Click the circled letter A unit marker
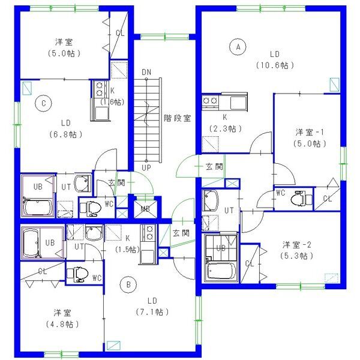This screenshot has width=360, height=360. click(238, 47)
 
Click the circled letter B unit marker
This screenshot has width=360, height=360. click(128, 284)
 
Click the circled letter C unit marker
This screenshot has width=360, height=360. click(44, 103)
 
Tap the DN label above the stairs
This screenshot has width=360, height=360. click(146, 72)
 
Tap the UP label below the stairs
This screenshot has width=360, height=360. click(146, 168)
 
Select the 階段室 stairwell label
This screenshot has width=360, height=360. click(177, 118)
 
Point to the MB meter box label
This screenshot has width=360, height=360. click(145, 209)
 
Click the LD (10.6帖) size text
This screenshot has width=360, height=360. click(275, 65)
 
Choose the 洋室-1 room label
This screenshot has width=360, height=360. click(310, 132)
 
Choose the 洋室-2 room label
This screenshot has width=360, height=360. click(296, 245)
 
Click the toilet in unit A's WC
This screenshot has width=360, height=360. click(301, 197)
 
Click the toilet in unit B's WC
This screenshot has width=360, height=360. click(77, 274)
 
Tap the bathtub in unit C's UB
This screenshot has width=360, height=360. click(38, 207)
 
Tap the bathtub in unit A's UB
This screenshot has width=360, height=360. click(221, 271)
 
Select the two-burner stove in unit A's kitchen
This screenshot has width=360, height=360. click(211, 101)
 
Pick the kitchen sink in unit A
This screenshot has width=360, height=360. click(238, 103)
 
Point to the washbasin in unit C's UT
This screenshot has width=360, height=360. click(82, 184)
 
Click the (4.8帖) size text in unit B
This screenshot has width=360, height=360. click(62, 324)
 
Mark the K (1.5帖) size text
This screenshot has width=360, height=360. click(128, 244)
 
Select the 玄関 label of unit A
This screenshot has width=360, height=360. click(214, 166)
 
